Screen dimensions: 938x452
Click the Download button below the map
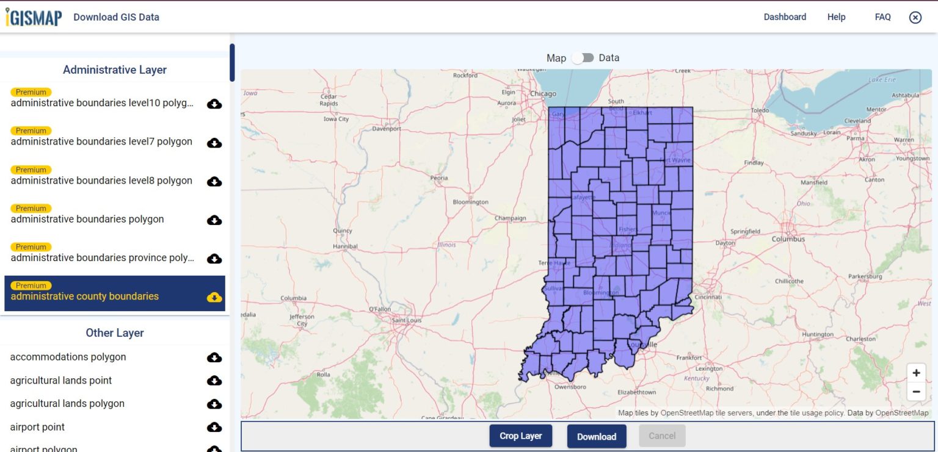pyautogui.click(x=596, y=436)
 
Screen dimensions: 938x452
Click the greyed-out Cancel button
pyautogui.click(x=662, y=436)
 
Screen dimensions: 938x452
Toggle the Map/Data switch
pyautogui.click(x=583, y=58)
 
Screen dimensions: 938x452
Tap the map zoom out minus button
pyautogui.click(x=916, y=392)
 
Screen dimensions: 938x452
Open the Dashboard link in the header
pyautogui.click(x=785, y=17)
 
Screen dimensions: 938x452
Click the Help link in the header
pyautogui.click(x=836, y=17)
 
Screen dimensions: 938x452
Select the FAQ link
pyautogui.click(x=882, y=17)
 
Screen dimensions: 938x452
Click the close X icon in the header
pyautogui.click(x=915, y=17)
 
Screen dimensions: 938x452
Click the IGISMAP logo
pyautogui.click(x=34, y=17)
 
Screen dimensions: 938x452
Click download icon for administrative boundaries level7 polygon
pyautogui.click(x=214, y=143)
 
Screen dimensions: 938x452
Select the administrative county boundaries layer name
pyautogui.click(x=85, y=296)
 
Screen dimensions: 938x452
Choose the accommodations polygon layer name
pyautogui.click(x=68, y=357)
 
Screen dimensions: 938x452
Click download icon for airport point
pyautogui.click(x=214, y=427)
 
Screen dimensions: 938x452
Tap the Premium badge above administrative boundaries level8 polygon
pyautogui.click(x=31, y=170)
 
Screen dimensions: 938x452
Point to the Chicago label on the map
pyautogui.click(x=543, y=94)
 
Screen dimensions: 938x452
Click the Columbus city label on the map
pyautogui.click(x=788, y=239)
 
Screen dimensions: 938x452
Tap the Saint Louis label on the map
pyautogui.click(x=407, y=320)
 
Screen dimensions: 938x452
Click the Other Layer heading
pyautogui.click(x=115, y=333)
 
